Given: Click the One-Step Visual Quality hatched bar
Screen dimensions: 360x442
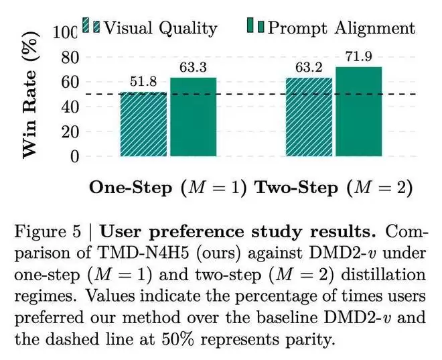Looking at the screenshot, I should point(144,125).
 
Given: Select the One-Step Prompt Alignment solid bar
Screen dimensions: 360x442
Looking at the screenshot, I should point(193,117).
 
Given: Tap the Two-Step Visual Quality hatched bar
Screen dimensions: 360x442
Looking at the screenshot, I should point(309,117).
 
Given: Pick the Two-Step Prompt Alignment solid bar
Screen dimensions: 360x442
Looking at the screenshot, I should point(358,112).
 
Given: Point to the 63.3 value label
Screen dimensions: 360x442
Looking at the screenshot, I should point(193,68).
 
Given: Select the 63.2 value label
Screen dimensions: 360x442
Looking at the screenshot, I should point(309,68).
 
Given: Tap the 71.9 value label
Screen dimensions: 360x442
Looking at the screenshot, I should point(358,56).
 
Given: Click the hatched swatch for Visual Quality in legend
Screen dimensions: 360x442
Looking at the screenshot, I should point(91,27).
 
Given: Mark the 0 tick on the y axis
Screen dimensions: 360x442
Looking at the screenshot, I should point(73,157).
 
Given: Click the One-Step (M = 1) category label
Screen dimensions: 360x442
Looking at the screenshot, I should point(167,187).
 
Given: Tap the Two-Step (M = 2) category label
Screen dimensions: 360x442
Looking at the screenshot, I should point(331,187).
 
